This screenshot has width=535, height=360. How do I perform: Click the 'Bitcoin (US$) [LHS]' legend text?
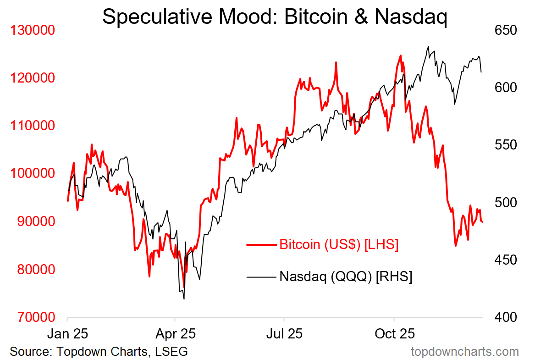pos(339,244)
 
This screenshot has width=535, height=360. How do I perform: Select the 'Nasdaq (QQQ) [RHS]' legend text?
pos(346,277)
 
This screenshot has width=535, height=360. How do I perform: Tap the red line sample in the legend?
pos(261,244)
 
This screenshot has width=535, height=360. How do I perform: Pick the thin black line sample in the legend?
pos(261,277)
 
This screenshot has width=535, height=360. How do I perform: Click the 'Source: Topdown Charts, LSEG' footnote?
pos(99,352)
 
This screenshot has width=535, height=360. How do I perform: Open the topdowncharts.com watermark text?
pos(465,352)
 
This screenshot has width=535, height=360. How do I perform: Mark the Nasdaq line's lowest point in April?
pos(184,299)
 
